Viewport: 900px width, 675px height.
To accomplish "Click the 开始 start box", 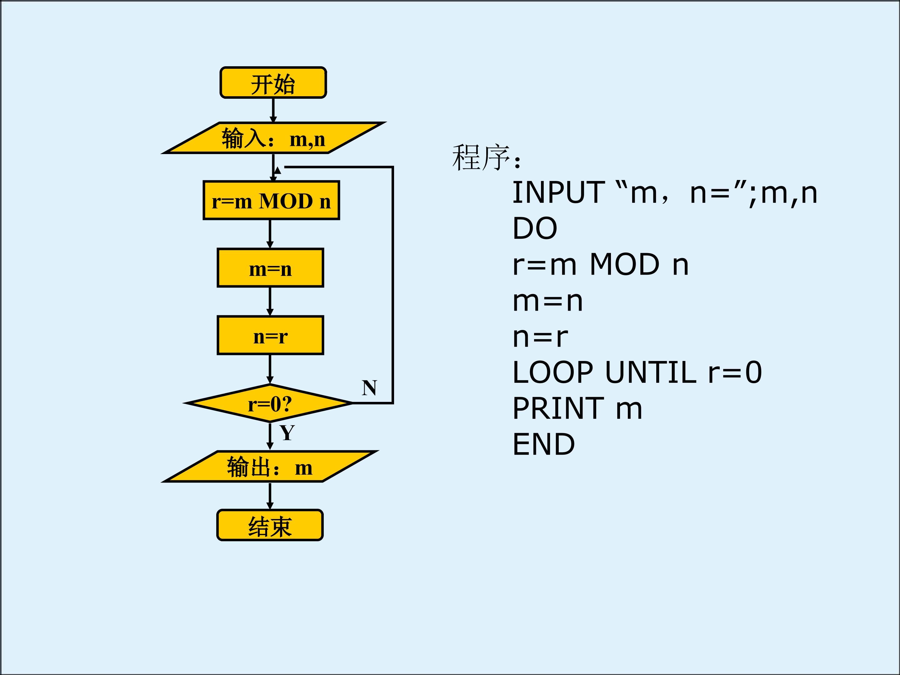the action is [273, 82].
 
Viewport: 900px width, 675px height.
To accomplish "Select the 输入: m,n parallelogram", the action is [273, 138].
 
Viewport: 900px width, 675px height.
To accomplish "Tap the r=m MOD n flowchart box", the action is [271, 200].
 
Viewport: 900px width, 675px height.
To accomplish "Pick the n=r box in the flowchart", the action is [271, 335].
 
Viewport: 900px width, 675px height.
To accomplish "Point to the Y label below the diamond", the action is [287, 432].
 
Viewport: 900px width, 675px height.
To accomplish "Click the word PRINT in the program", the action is [558, 408].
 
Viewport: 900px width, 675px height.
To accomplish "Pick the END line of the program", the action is [543, 444].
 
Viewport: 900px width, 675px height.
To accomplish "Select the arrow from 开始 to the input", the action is [273, 110].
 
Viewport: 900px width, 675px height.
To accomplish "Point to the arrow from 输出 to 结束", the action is [270, 496].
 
